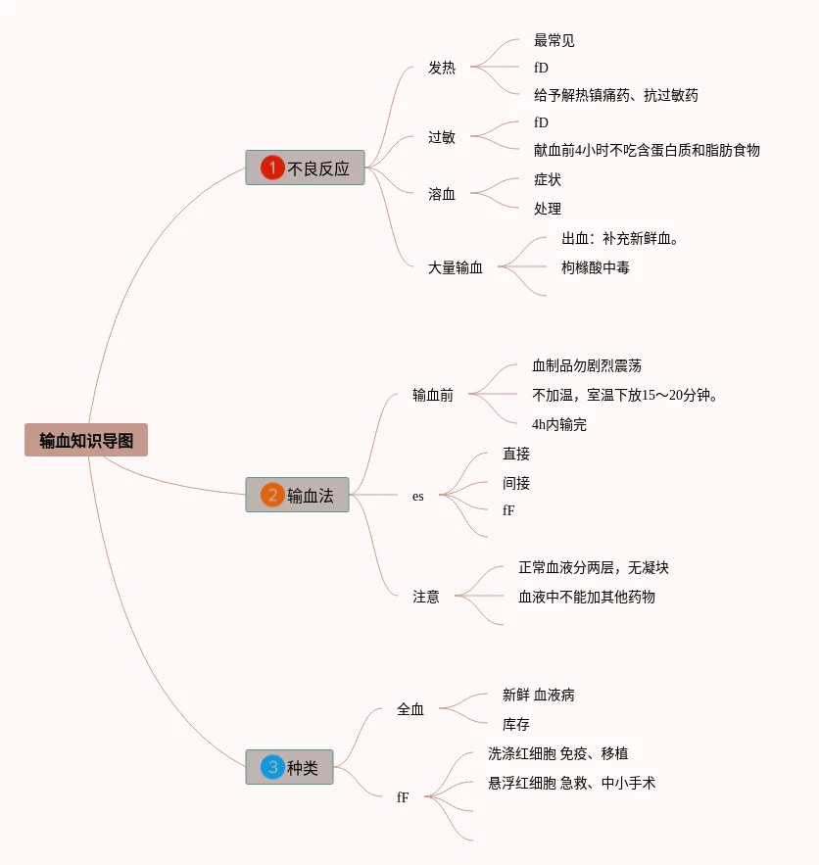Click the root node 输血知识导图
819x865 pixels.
[x=86, y=441]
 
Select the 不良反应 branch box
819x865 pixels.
[x=305, y=168]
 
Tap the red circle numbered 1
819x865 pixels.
[x=271, y=168]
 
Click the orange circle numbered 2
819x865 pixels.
[x=271, y=496]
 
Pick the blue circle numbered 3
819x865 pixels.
[x=271, y=768]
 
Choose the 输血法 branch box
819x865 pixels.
[x=297, y=496]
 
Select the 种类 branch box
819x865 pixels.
[x=289, y=768]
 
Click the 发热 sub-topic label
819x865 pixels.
[x=442, y=68]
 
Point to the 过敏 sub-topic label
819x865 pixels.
[x=442, y=137]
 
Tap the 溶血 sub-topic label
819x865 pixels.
[x=442, y=194]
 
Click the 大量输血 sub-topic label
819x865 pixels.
[x=456, y=266]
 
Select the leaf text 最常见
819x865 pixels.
[x=554, y=40]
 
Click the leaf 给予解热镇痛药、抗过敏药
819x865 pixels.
[x=616, y=95]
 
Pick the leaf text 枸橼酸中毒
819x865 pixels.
[x=596, y=266]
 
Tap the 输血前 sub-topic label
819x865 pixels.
[x=433, y=396]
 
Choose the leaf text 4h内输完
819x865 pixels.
[x=559, y=425]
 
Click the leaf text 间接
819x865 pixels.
[x=516, y=483]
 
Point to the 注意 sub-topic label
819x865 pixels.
[x=426, y=597]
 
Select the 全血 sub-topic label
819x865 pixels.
[x=410, y=709]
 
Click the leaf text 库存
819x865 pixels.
[x=516, y=725]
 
